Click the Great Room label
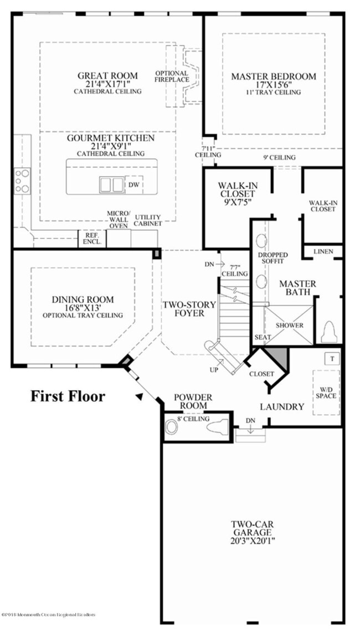pos(107,76)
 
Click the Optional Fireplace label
pos(172,76)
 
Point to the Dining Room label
pos(83,300)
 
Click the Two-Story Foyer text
pos(183,309)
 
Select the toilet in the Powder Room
pos(219,427)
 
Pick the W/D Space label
pos(326,393)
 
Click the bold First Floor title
pos(67,396)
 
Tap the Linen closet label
pos(323,252)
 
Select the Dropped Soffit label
pos(272,258)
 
